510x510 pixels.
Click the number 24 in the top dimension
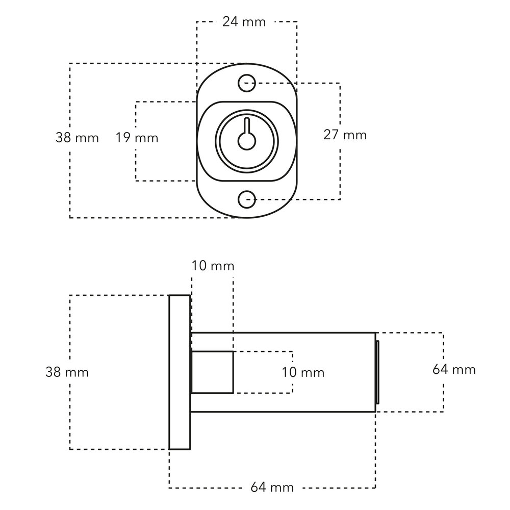(x=231, y=22)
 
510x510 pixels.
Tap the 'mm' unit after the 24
(x=254, y=22)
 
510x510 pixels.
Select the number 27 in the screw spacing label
(x=331, y=135)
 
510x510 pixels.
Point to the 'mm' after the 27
(x=355, y=135)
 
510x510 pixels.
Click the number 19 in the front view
(x=123, y=138)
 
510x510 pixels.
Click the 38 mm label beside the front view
(x=77, y=138)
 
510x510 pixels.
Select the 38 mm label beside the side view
(x=67, y=372)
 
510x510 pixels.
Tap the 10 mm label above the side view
(x=213, y=266)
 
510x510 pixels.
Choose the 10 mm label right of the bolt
(x=303, y=372)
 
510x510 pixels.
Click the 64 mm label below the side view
(x=272, y=488)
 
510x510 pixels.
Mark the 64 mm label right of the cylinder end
(x=454, y=369)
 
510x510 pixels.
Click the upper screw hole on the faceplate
(x=247, y=83)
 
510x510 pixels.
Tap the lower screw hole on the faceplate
(x=247, y=198)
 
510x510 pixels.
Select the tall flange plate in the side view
(x=180, y=372)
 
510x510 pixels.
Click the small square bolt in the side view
(x=212, y=372)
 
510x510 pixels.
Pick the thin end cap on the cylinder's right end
(x=377, y=372)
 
